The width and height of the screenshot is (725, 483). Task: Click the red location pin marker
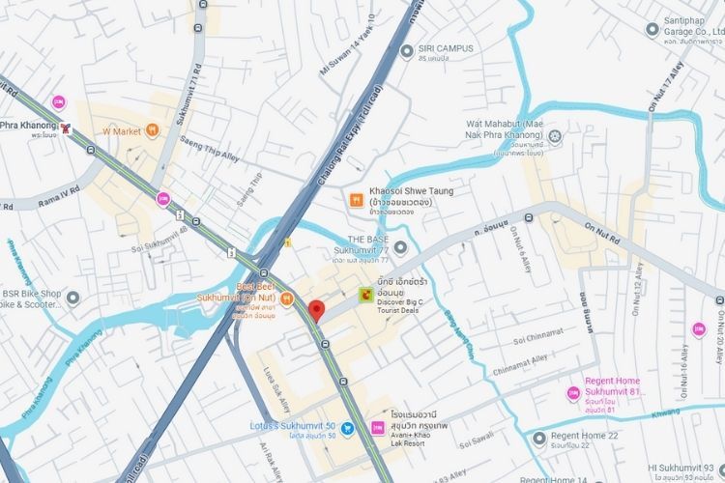tap(315, 311)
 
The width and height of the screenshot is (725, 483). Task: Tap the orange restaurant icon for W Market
tap(152, 130)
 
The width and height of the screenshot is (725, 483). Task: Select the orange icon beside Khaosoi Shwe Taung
tap(356, 200)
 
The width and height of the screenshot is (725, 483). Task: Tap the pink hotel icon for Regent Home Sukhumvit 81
tap(572, 393)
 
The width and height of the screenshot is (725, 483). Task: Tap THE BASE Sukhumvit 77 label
tap(369, 244)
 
